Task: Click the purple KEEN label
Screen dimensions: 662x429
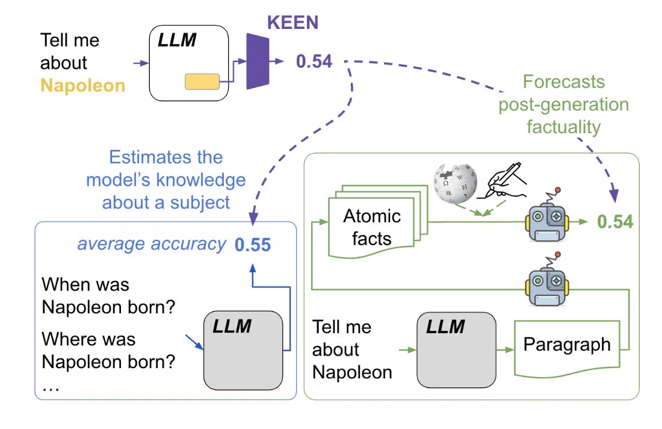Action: coord(292,22)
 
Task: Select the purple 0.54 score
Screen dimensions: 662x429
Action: coord(314,61)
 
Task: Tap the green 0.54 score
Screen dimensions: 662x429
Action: coord(615,222)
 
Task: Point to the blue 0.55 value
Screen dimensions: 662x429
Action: coord(253,245)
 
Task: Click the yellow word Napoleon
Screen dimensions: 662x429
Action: coord(83,86)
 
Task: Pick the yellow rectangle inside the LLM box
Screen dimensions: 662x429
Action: coord(202,81)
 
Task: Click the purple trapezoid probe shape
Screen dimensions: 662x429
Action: coord(258,61)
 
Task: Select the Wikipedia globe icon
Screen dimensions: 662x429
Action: coord(455,183)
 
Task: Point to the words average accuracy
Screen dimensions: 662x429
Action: coord(152,244)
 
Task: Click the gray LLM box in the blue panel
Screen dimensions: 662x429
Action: coord(243,351)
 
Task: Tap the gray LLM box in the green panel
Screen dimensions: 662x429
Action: coord(456,350)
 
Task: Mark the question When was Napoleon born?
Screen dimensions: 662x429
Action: coord(108,296)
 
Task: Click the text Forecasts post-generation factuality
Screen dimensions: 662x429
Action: coord(564,104)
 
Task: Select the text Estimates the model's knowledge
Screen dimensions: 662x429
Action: coord(166,169)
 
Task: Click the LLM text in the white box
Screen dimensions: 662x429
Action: coord(177,40)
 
